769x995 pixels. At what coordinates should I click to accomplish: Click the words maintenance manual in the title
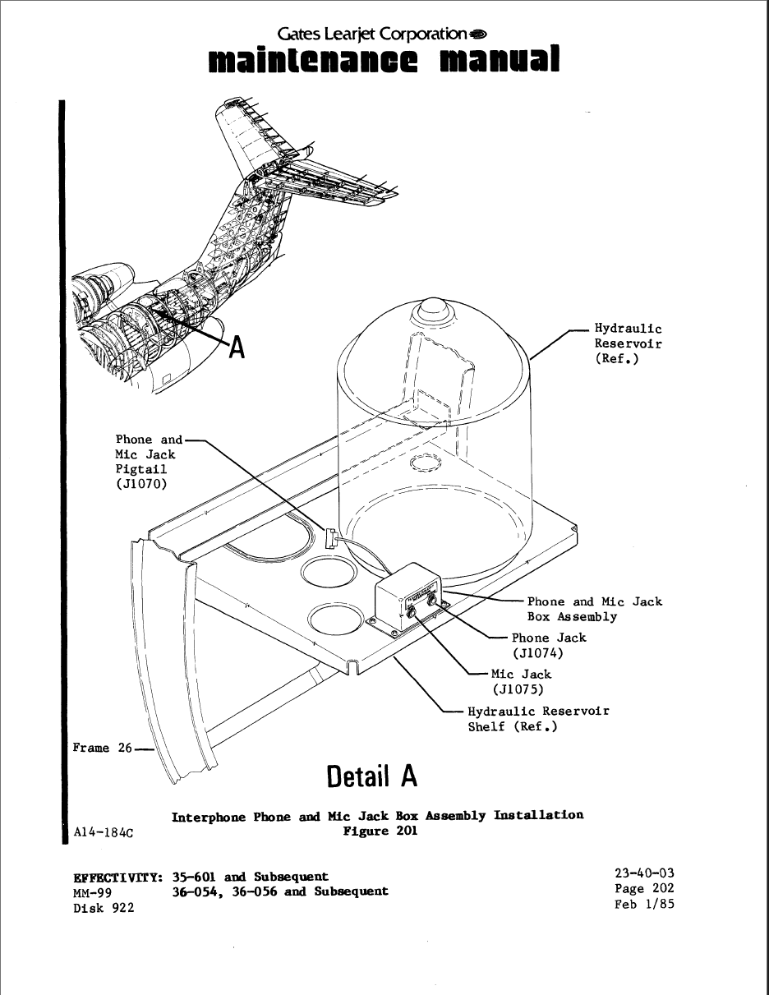pos(384,60)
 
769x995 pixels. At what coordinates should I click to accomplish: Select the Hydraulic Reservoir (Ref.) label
pos(628,343)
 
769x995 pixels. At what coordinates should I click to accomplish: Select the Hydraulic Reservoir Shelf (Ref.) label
pos(538,718)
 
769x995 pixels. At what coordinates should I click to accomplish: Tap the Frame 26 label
pos(102,748)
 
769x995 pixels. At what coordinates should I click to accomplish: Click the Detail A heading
pos(371,776)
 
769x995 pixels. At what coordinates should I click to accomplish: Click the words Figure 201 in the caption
pos(380,830)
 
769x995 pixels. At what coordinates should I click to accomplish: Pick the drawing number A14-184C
pos(104,831)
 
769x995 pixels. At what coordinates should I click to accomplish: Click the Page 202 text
pos(643,889)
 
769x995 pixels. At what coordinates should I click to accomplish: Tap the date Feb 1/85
pos(643,905)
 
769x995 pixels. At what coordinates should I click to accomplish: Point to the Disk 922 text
pos(104,907)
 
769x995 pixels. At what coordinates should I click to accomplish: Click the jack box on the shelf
pos(408,600)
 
